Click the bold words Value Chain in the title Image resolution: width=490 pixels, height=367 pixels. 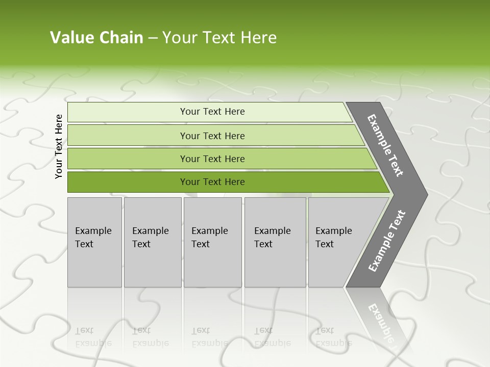[96, 38]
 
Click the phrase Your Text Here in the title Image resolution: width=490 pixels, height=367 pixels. [219, 38]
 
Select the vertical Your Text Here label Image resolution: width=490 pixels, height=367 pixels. [59, 146]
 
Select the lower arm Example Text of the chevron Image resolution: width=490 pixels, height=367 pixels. [386, 241]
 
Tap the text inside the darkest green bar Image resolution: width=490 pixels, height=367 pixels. [212, 182]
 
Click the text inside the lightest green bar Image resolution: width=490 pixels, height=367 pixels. [212, 112]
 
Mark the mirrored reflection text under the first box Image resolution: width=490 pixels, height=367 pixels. [93, 337]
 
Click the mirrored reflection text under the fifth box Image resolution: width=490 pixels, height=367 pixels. [333, 337]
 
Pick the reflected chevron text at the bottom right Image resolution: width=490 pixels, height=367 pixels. [382, 321]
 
